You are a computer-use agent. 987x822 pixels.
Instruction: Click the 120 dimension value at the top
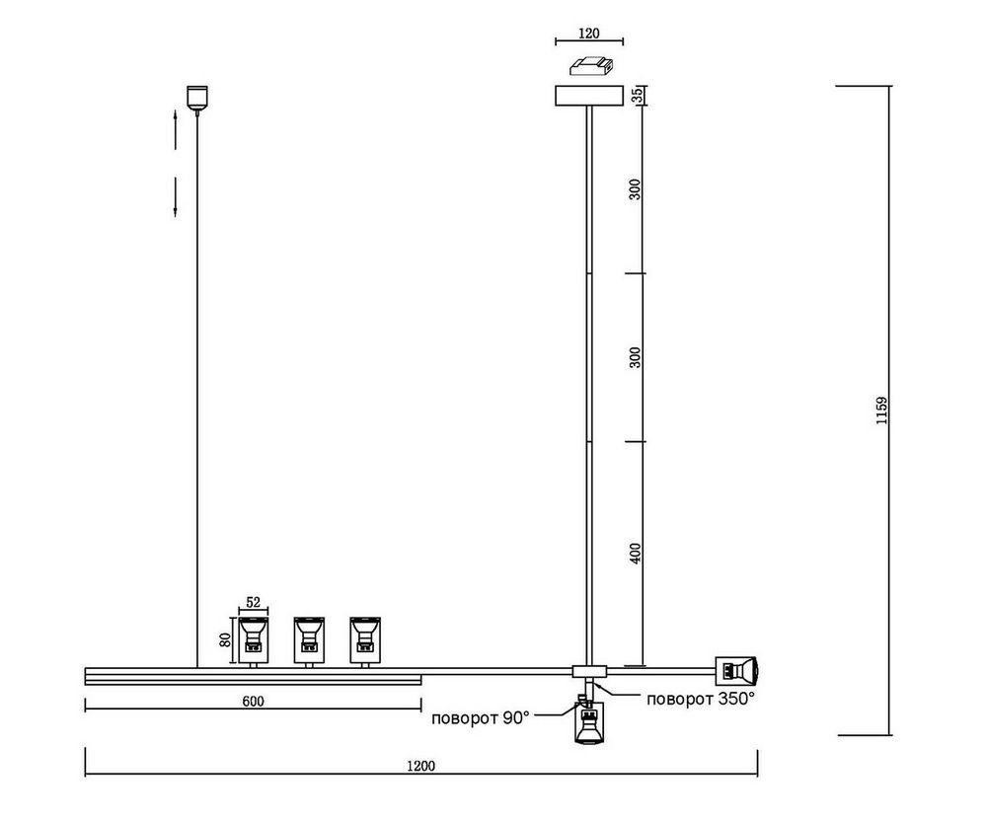pos(588,33)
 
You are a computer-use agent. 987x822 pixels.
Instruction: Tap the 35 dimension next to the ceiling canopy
pos(637,95)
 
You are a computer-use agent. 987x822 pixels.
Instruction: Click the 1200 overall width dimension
pos(420,765)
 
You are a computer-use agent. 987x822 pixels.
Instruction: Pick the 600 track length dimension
pos(253,701)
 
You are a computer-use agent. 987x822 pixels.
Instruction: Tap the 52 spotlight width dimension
pos(253,603)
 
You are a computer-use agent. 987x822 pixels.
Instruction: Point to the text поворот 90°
pos(481,717)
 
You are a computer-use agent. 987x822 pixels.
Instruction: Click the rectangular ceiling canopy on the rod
pos(589,96)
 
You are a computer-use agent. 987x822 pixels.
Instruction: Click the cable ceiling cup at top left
pos(198,98)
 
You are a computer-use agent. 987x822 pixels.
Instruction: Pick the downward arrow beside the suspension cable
pos(175,197)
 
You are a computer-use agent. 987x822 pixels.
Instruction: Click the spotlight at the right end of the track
pos(738,671)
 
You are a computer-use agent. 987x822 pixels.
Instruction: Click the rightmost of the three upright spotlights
pos(366,637)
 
